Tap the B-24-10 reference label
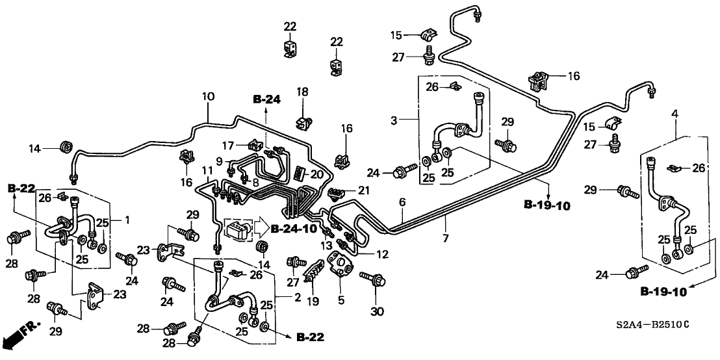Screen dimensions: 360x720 [x=294, y=229]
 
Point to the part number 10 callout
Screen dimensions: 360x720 [x=208, y=97]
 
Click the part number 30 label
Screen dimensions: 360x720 [x=377, y=312]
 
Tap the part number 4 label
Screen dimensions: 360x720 [x=675, y=114]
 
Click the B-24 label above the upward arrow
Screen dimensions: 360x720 [x=266, y=99]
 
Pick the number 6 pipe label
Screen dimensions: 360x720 [x=403, y=202]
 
